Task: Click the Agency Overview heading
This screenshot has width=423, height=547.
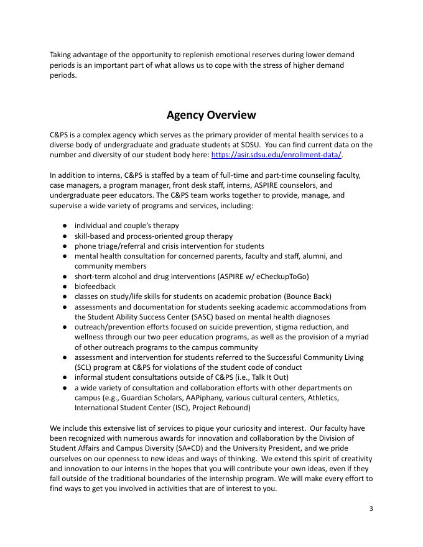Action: [211, 115]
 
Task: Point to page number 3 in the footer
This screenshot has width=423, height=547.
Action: [371, 509]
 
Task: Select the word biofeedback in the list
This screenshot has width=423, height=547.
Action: [95, 287]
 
